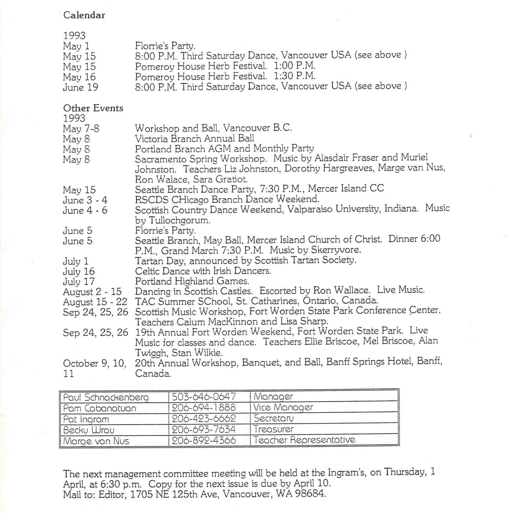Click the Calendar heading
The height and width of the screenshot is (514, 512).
(84, 15)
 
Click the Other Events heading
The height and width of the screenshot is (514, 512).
(93, 108)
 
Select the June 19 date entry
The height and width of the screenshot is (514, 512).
(80, 87)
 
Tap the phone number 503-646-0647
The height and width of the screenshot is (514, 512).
(204, 397)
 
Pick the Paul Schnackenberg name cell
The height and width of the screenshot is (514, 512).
(106, 397)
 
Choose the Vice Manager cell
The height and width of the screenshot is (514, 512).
(283, 407)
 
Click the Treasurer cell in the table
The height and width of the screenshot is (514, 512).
(273, 429)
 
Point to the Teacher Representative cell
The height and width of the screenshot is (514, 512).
(304, 440)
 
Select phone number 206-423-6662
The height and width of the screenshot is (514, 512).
(204, 419)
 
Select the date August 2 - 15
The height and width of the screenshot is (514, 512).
(92, 292)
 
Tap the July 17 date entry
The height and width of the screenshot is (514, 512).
(79, 281)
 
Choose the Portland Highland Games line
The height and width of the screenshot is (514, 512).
(192, 281)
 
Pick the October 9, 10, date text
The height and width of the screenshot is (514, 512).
(94, 363)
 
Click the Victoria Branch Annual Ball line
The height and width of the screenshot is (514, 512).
(194, 139)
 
